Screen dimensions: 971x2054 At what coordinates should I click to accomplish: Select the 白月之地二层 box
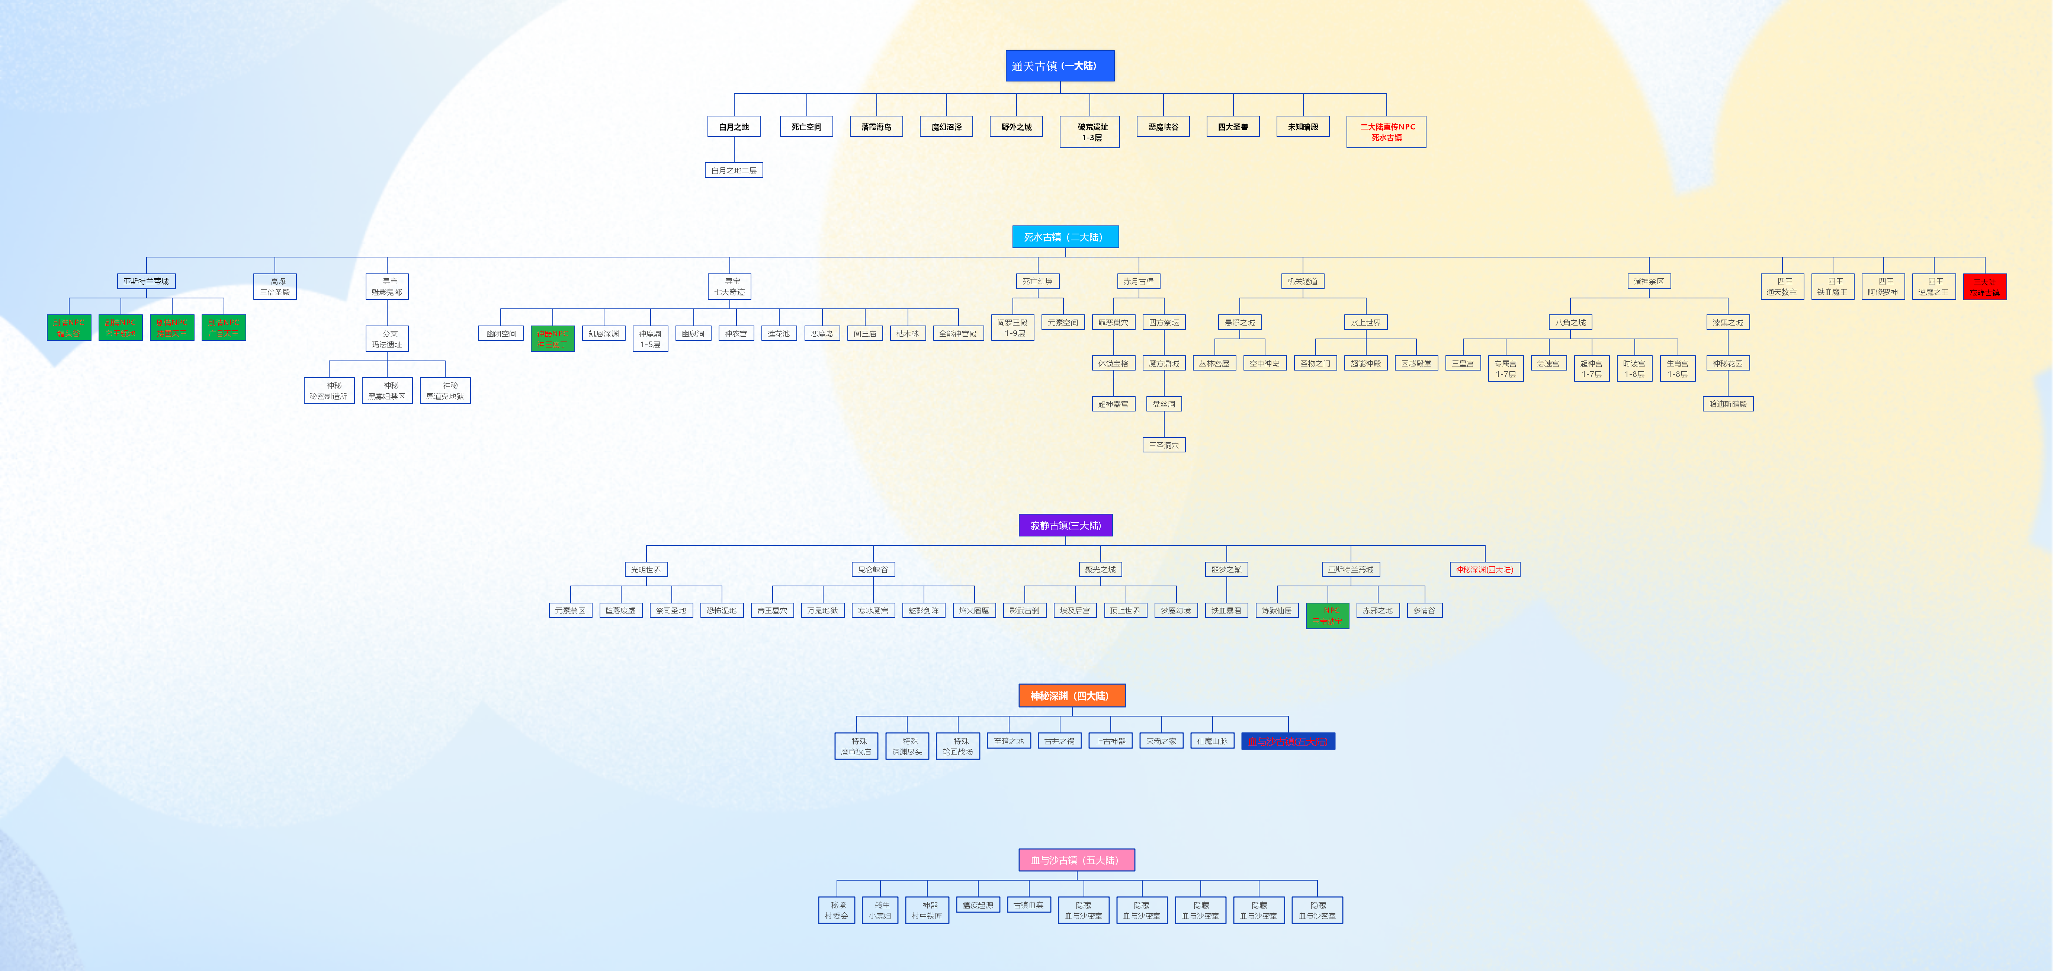[x=734, y=170]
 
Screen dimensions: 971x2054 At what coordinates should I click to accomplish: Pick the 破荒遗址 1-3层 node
[x=1089, y=132]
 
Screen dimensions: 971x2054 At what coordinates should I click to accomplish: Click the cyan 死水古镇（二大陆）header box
[x=1065, y=237]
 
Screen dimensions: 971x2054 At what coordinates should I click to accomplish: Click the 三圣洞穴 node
[x=1164, y=445]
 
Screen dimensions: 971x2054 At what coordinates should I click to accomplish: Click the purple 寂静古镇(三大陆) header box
[x=1065, y=525]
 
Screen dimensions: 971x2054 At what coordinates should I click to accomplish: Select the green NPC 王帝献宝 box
[x=1328, y=615]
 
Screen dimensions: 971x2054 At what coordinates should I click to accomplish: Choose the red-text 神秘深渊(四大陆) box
[x=1485, y=569]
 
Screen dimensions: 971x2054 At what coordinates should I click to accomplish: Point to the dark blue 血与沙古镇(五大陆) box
[x=1288, y=741]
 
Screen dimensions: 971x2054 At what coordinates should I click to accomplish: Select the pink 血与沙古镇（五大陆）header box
[x=1076, y=860]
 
